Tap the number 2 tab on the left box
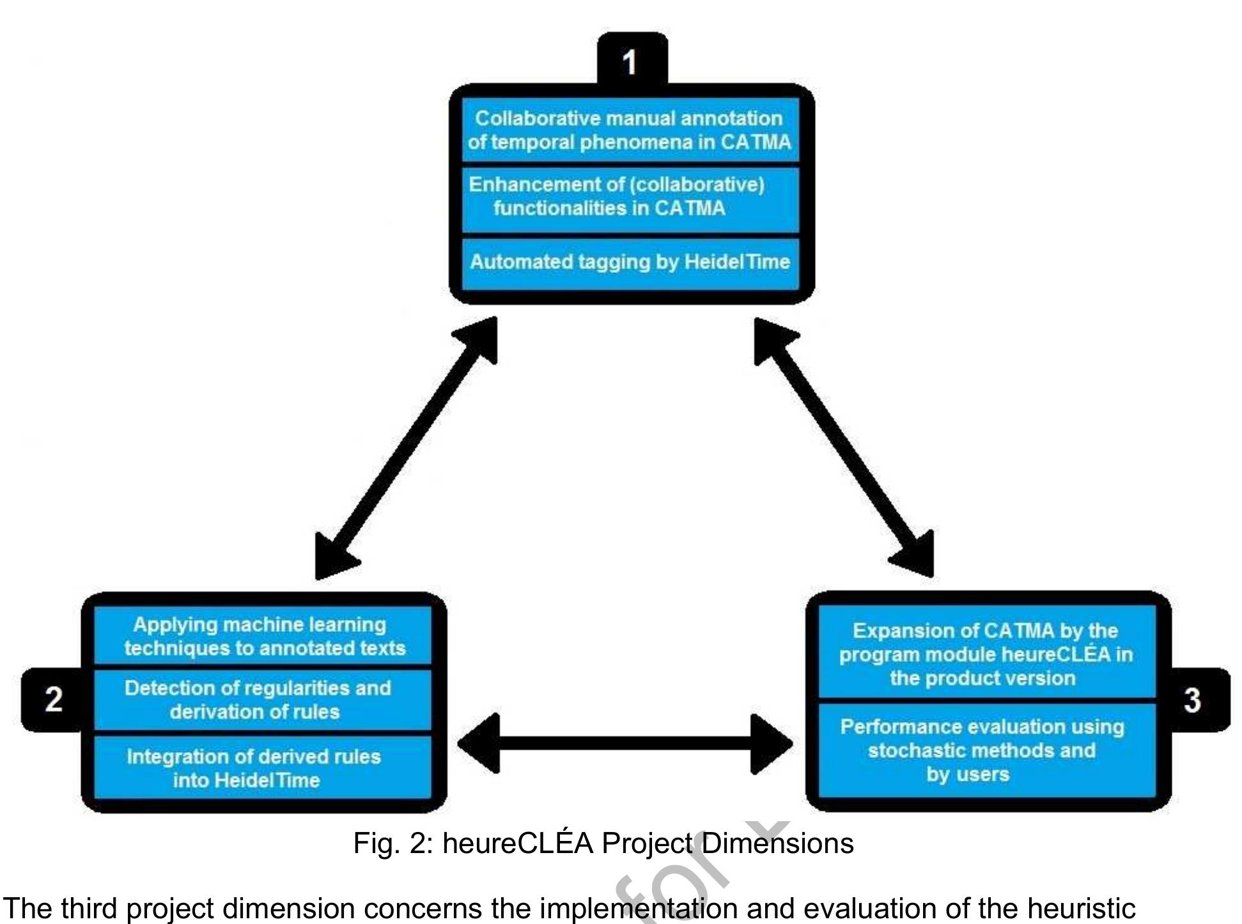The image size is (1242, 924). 54,699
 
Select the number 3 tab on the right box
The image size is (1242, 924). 1192,700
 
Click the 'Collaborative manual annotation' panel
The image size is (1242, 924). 630,130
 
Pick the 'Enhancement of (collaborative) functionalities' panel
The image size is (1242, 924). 630,197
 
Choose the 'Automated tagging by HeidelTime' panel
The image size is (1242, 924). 630,262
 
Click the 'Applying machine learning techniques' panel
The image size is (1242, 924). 263,636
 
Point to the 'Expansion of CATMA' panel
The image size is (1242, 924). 986,654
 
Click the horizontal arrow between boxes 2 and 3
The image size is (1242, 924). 625,743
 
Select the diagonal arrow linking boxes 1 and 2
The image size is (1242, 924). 407,448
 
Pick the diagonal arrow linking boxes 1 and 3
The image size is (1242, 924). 844,447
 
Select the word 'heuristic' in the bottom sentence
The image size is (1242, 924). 1081,908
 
